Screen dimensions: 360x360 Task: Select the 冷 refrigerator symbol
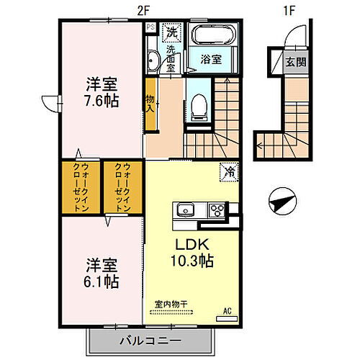coord(228,173)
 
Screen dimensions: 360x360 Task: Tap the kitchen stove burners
coord(216,210)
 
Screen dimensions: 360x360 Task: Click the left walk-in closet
coord(81,188)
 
